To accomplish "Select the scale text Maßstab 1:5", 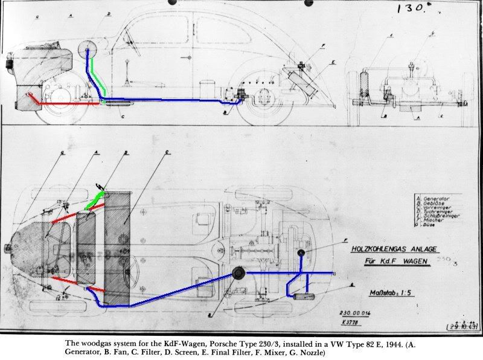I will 389,294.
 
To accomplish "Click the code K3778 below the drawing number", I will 349,322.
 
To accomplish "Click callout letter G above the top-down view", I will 62,154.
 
